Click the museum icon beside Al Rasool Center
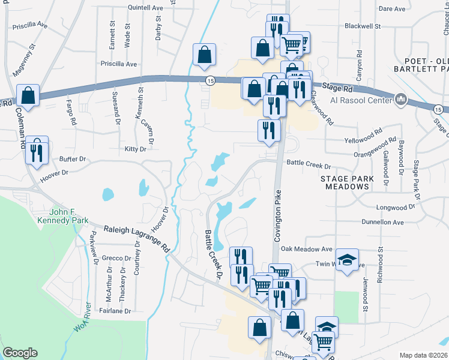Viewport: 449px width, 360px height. click(x=401, y=98)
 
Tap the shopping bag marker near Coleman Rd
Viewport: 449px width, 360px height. click(x=28, y=95)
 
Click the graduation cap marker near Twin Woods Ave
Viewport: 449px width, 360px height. click(x=347, y=260)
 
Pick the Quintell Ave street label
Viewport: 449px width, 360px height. click(x=145, y=8)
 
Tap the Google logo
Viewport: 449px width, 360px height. click(x=20, y=353)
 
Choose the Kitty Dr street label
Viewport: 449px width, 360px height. click(x=135, y=149)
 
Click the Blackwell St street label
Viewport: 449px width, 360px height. click(x=363, y=26)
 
